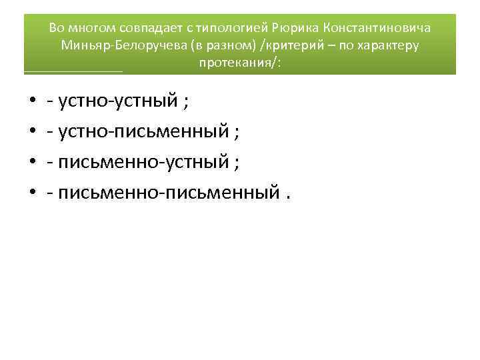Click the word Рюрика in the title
coord(294,28)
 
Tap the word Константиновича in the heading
coord(376,28)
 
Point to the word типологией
coord(233,28)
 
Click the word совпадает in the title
coord(155,28)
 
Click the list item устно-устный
coord(120,101)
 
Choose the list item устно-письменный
coord(143,132)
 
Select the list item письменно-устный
coord(143,163)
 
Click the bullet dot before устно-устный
coord(33,103)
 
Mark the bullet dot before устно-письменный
coord(33,133)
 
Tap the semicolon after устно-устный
coord(186,103)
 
